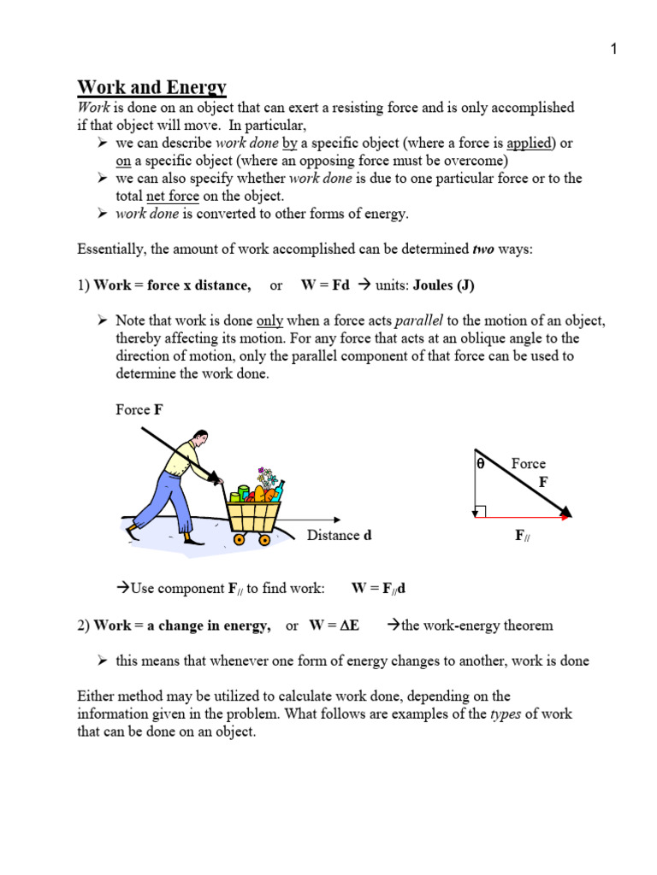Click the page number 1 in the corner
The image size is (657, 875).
click(613, 50)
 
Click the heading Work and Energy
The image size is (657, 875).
click(152, 87)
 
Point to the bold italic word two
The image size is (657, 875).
click(484, 250)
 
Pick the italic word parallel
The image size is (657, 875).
click(418, 320)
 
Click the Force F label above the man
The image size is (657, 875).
click(139, 409)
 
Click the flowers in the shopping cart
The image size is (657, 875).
click(268, 477)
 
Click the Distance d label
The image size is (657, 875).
click(339, 536)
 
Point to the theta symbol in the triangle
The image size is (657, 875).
click(480, 464)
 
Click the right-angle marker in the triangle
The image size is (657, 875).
click(480, 511)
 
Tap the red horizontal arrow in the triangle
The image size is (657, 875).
click(522, 518)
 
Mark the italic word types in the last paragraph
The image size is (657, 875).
click(505, 714)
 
